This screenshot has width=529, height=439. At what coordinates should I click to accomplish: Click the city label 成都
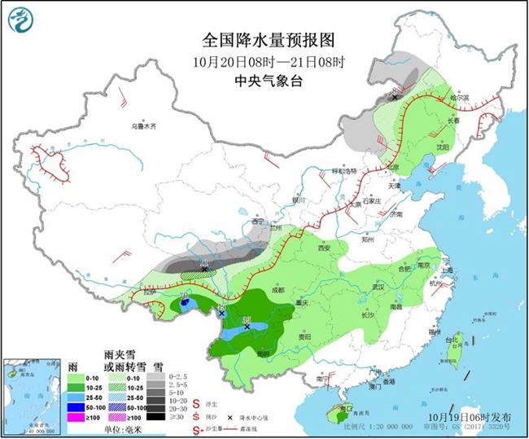point(278,289)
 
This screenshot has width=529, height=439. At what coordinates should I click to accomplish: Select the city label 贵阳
point(303,336)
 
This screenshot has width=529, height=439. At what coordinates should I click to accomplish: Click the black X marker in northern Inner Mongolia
point(395,98)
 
